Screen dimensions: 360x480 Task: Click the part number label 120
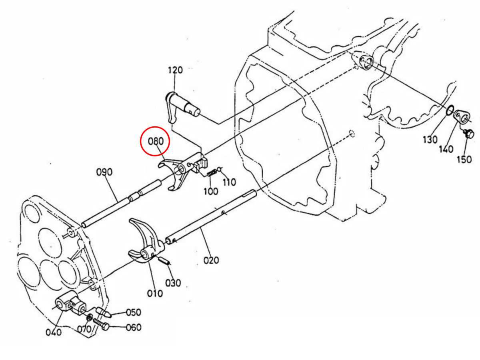[175, 70]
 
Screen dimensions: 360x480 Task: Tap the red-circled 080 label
[155, 141]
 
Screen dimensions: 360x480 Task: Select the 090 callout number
[104, 172]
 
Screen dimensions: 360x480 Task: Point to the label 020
[211, 260]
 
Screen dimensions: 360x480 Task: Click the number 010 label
[155, 293]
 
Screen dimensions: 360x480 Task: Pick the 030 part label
[173, 283]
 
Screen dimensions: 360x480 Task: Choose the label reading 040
[54, 332]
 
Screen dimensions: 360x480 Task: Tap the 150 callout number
[464, 160]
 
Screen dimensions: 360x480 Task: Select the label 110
[229, 182]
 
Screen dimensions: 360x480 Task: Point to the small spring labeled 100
[212, 173]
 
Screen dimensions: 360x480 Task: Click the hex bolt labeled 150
[470, 134]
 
